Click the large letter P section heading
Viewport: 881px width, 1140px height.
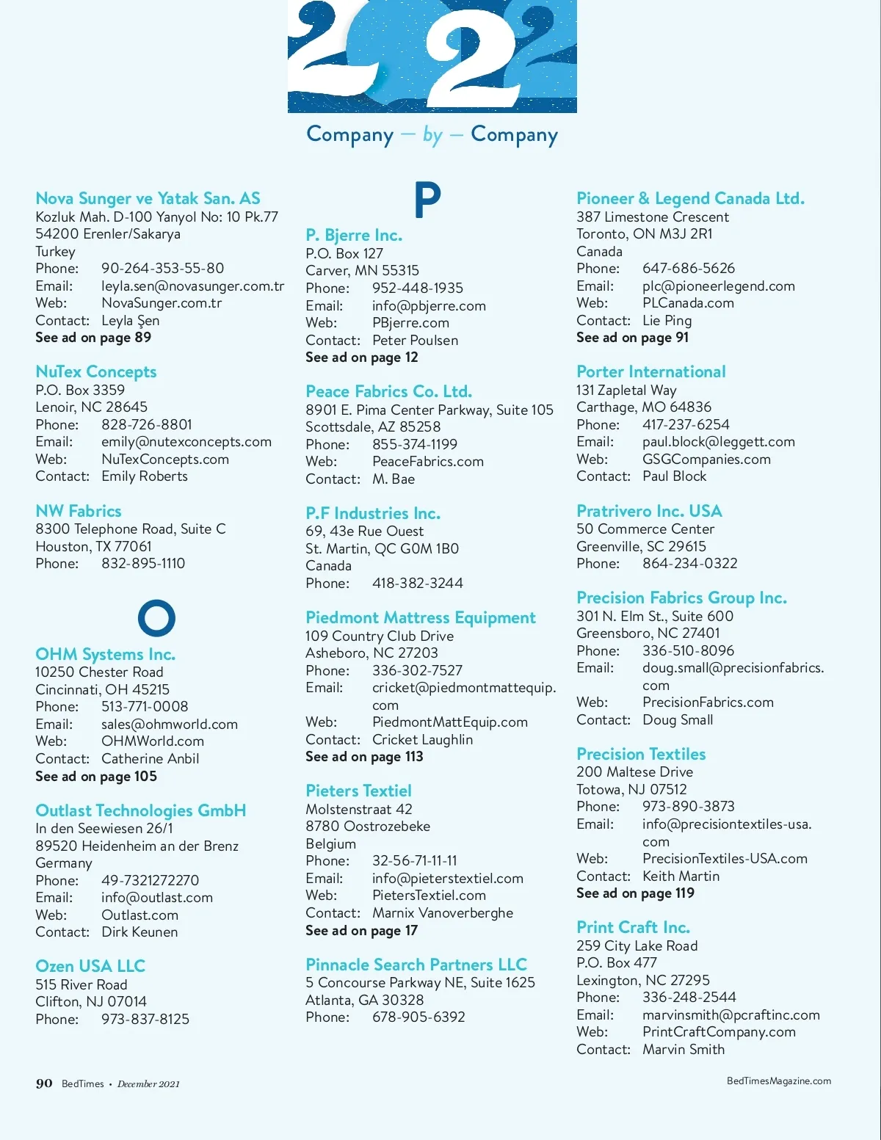427,200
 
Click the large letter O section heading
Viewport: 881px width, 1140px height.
156,618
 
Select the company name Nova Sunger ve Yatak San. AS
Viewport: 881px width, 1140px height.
148,198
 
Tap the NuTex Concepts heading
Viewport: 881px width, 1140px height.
96,372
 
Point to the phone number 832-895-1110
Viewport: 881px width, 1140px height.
143,564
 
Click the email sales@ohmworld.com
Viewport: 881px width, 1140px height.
170,725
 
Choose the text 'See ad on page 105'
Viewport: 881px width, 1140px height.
96,777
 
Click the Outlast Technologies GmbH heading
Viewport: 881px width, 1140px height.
141,811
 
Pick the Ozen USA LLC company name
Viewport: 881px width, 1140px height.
90,966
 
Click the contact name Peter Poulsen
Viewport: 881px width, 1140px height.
415,341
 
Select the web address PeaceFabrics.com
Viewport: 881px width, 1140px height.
428,462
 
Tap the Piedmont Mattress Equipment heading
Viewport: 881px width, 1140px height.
421,618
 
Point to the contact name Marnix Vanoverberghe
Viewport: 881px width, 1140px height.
443,913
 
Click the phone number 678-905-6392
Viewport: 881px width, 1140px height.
418,1017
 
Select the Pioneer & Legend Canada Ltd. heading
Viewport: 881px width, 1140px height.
690,198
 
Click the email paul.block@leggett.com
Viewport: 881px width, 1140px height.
719,442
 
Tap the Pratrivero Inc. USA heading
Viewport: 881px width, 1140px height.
649,511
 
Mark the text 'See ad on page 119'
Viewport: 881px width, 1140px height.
635,893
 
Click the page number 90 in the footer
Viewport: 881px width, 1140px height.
44,1083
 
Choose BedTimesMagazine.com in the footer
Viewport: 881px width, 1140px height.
779,1081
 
